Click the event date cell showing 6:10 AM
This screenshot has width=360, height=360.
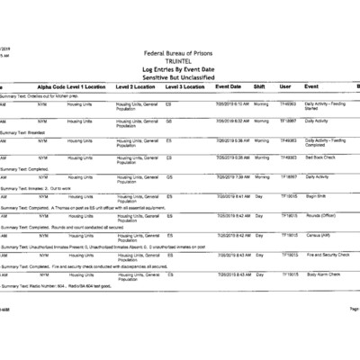(x=232, y=103)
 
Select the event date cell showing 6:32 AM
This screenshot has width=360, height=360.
(x=232, y=120)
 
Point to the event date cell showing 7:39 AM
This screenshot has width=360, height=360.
(x=232, y=176)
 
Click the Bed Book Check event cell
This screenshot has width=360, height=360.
(x=321, y=157)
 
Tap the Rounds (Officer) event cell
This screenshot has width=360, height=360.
(x=322, y=216)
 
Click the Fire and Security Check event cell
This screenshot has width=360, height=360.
(x=328, y=255)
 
